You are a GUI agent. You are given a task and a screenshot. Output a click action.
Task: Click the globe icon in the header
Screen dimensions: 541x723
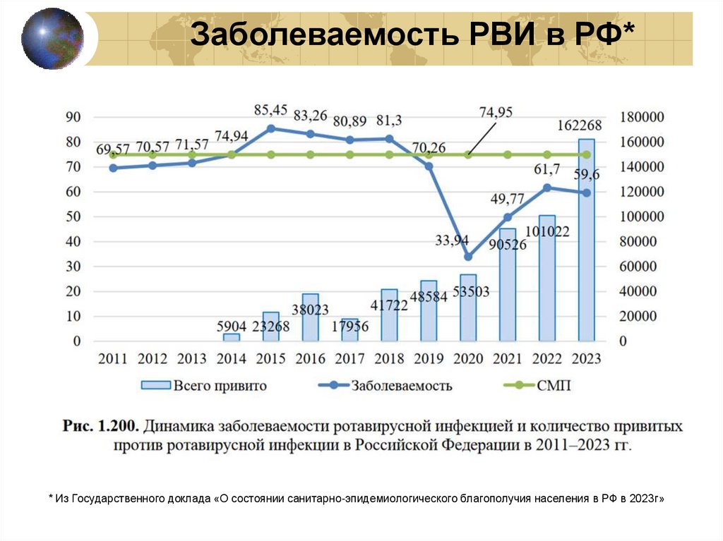tap(52, 38)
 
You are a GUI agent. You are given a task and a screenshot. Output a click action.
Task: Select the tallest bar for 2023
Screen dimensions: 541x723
tap(586, 240)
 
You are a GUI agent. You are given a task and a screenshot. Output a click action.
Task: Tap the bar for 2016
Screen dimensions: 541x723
tap(310, 317)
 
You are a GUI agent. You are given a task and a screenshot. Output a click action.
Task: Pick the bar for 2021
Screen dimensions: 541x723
tap(507, 285)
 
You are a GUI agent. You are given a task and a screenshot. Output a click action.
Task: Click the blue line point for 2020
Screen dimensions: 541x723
tap(467, 257)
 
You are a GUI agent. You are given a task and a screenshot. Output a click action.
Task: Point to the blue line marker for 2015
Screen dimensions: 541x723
tap(270, 128)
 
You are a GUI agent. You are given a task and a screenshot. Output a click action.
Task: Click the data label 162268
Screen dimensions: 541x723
tap(579, 126)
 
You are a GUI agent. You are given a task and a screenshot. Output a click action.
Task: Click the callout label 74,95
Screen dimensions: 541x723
tap(496, 111)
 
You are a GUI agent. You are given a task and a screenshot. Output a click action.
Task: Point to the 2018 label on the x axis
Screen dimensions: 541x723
tap(388, 358)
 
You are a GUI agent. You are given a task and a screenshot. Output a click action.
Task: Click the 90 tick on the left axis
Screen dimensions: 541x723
tap(73, 117)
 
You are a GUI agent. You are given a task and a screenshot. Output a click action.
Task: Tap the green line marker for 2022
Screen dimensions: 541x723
tap(546, 154)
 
